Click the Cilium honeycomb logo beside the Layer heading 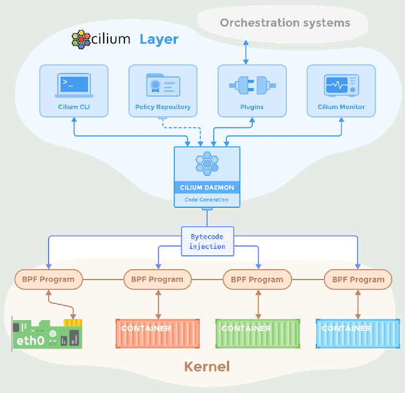pos(82,39)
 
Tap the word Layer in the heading pos(159,40)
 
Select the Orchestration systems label pos(285,23)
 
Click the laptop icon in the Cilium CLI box pos(73,86)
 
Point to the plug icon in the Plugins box pos(252,86)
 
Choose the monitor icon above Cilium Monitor pos(341,86)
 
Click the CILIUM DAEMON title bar pos(207,188)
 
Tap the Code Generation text pos(207,200)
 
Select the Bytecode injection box pos(207,241)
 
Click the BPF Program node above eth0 pos(48,280)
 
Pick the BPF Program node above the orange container pos(157,280)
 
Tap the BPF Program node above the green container pos(257,280)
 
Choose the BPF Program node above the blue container pos(358,280)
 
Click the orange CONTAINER pos(157,333)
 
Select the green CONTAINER pos(257,333)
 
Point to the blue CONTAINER pos(358,333)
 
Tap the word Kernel pos(207,366)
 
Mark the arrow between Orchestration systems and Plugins pos(246,53)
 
